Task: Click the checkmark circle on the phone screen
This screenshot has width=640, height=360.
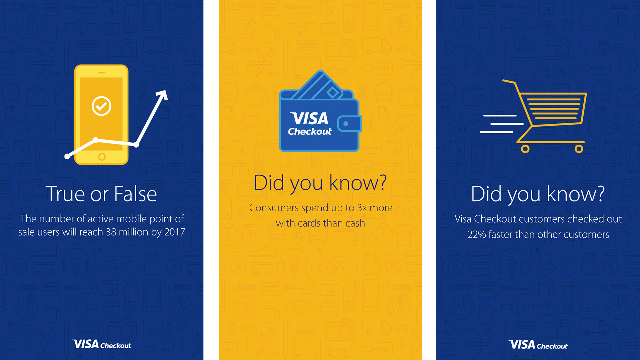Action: pos(101,106)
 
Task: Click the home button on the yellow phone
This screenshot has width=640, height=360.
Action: pos(102,157)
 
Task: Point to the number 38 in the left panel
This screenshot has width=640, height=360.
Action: pos(111,232)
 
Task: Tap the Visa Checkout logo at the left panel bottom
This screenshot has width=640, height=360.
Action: pos(102,344)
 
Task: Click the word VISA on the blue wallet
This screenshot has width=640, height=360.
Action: pos(309,118)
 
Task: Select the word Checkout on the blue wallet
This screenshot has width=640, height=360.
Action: pos(310,132)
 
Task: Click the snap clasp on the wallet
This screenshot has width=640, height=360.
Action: pos(349,124)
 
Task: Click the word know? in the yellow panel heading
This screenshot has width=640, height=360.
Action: pos(358,183)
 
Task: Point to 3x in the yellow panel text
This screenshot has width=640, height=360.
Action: pos(362,208)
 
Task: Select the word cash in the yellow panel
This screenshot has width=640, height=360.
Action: pos(355,223)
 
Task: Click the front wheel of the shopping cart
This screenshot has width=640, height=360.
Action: pos(579,149)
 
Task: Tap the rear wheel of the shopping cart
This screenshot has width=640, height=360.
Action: pos(525,149)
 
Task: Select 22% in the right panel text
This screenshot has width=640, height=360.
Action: pos(477,235)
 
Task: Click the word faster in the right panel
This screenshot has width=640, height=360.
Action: pos(500,234)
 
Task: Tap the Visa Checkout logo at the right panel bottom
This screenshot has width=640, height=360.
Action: pos(538,345)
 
